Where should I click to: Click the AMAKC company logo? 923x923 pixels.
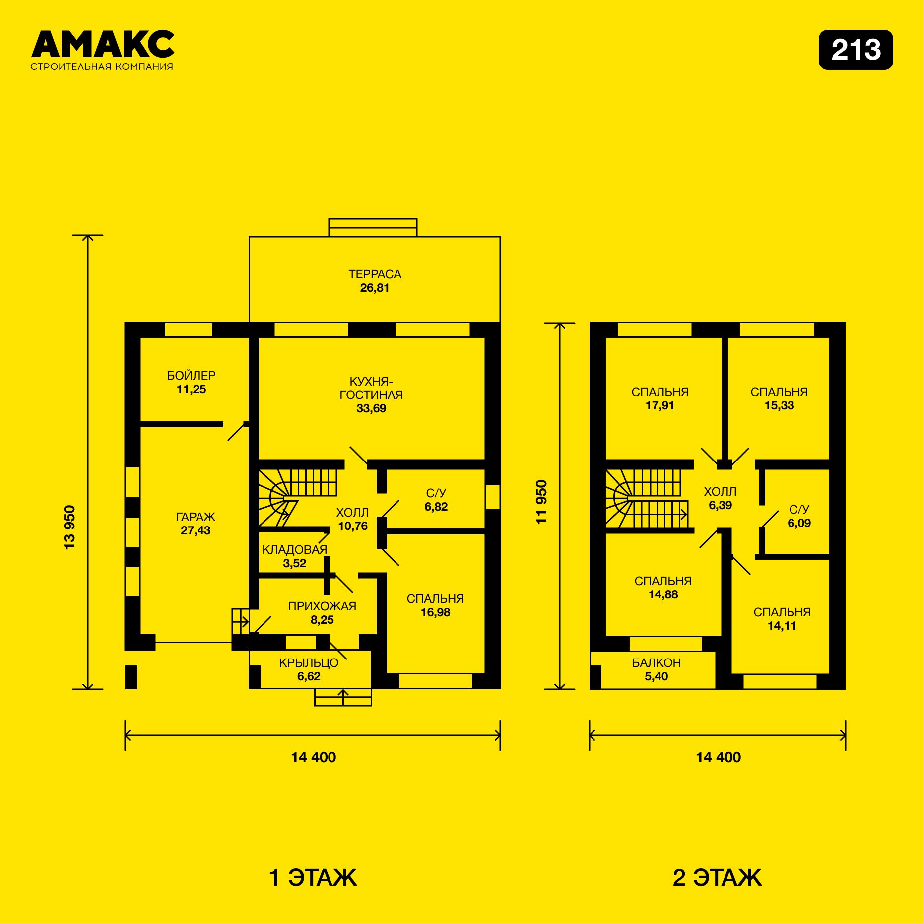coord(102,50)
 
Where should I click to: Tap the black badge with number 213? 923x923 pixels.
coord(856,50)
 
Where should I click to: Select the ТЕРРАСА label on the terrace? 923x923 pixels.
coord(375,274)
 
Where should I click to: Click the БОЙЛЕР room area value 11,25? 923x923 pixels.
coord(191,390)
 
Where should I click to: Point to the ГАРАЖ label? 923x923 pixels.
coord(196,517)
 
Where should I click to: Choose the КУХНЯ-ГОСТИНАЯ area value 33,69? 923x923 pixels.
coord(371,408)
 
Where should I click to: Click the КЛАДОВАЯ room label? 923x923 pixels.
coord(294,550)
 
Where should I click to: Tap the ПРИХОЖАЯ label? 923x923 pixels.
coord(322,606)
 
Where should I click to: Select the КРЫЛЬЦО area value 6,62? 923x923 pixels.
coord(309,676)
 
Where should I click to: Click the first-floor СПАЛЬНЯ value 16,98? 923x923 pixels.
coord(435,612)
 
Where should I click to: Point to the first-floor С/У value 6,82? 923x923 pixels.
coord(436,507)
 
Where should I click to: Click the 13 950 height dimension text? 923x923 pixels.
coord(70,527)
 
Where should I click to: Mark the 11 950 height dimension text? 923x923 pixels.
coord(541,502)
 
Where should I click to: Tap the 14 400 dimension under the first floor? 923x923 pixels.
coord(314,757)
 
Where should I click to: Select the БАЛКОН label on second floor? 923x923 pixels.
coord(656,663)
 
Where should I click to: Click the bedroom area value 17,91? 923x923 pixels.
coord(660,405)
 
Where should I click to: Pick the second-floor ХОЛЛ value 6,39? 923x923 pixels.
coord(720,505)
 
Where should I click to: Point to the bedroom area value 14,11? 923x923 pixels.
coord(782,626)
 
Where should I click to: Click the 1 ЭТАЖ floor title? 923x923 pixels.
coord(313,877)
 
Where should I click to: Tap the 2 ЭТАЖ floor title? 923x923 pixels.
coord(717,877)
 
